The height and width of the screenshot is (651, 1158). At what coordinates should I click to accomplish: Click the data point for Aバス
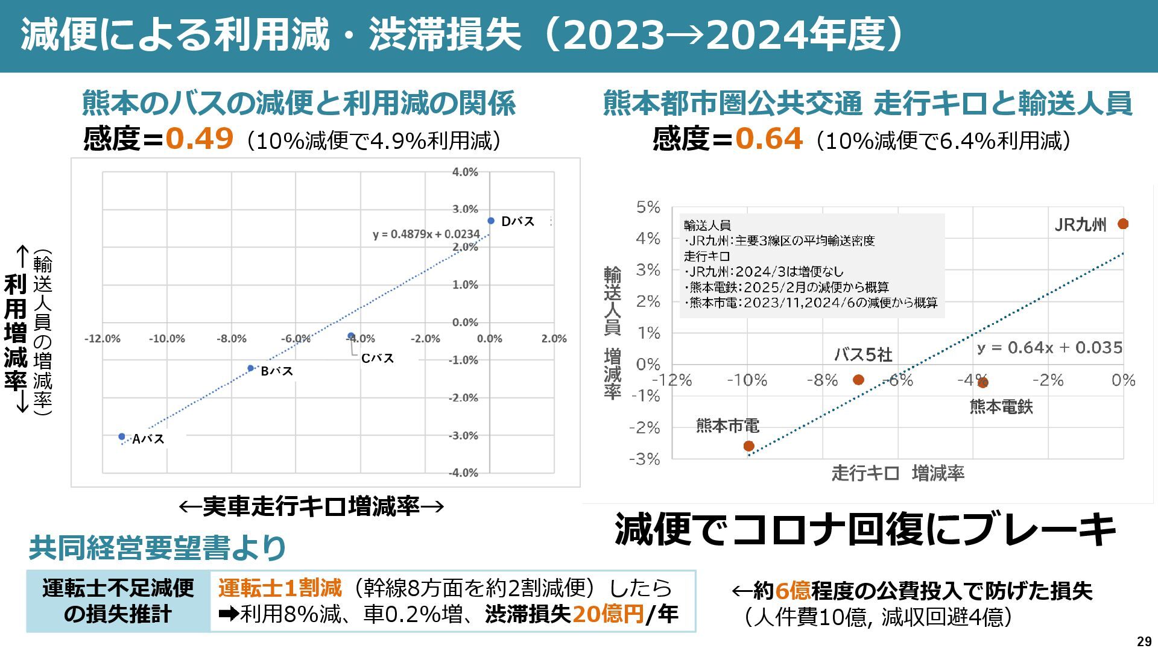pyautogui.click(x=122, y=436)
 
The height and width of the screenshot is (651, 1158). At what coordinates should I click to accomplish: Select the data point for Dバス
pyautogui.click(x=491, y=221)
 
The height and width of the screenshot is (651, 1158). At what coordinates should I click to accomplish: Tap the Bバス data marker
pyautogui.click(x=251, y=368)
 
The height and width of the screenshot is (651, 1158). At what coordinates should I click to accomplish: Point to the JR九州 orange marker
pyautogui.click(x=1122, y=224)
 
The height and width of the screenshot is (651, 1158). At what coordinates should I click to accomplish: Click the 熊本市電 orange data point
pyautogui.click(x=748, y=446)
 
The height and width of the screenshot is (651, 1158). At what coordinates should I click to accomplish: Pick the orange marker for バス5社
pyautogui.click(x=858, y=380)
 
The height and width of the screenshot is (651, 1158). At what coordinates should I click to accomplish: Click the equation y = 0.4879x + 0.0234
pyautogui.click(x=426, y=234)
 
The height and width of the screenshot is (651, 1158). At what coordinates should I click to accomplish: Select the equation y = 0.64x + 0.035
pyautogui.click(x=1049, y=348)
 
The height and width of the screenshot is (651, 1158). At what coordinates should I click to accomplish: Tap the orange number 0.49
pyautogui.click(x=199, y=139)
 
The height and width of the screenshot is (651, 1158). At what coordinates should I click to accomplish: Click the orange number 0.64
pyautogui.click(x=768, y=139)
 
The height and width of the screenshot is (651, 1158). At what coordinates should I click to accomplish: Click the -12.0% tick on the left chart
pyautogui.click(x=102, y=339)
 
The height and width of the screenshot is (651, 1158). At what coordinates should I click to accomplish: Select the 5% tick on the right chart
pyautogui.click(x=648, y=207)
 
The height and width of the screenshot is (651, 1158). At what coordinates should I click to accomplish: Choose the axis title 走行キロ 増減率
pyautogui.click(x=897, y=474)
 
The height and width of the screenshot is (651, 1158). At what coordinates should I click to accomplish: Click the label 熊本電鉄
pyautogui.click(x=1001, y=407)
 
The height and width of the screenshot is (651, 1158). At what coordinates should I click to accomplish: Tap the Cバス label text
pyautogui.click(x=377, y=359)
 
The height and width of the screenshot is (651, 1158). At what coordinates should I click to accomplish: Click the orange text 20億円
pyautogui.click(x=607, y=614)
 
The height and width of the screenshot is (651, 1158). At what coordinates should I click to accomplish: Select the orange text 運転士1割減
pyautogui.click(x=280, y=588)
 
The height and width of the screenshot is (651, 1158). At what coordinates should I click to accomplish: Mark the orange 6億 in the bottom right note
pyautogui.click(x=793, y=591)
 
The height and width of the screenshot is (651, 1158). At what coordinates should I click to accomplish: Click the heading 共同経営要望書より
pyautogui.click(x=157, y=547)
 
